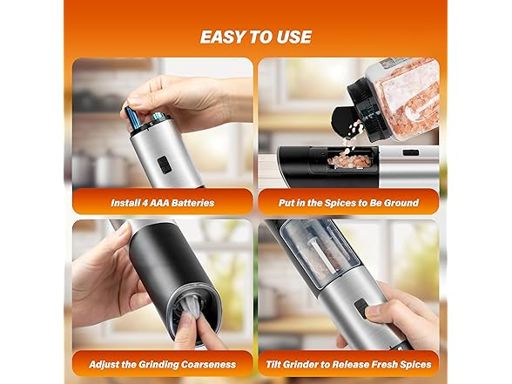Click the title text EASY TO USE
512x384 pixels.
(255, 37)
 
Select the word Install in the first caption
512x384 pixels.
(129, 203)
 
